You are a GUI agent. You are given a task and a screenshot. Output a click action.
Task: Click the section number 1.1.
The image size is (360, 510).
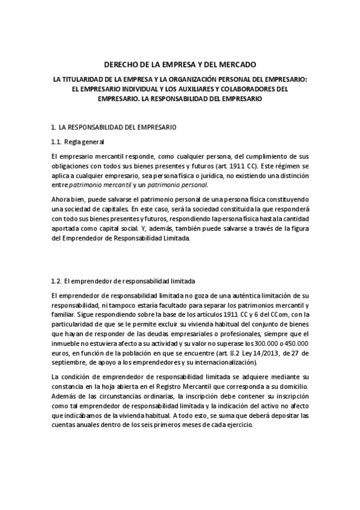click(x=56, y=142)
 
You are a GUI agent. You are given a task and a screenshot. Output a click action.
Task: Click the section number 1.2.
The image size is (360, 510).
click(x=56, y=281)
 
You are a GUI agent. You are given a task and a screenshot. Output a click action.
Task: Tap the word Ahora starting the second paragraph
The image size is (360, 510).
click(x=61, y=199)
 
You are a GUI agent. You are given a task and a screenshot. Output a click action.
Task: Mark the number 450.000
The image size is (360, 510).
click(x=294, y=343)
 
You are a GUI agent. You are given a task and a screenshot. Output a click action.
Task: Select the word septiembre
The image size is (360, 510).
click(x=70, y=363)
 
